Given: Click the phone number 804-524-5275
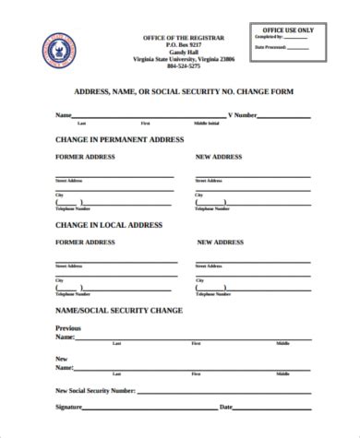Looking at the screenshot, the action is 183,67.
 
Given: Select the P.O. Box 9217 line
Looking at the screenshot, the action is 183,44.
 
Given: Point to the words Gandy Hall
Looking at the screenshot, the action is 183,52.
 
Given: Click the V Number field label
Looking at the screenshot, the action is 242,116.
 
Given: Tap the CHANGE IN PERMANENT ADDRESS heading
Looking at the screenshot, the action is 120,139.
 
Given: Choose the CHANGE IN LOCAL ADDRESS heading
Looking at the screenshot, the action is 108,224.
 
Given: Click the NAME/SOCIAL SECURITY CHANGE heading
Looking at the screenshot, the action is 119,310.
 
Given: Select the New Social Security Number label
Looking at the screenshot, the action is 96,391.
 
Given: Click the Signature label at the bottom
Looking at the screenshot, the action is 70,407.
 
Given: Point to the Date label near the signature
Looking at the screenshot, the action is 225,407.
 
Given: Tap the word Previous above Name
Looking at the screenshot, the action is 68,328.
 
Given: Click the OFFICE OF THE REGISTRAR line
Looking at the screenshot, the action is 183,37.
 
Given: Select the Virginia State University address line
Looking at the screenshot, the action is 183,60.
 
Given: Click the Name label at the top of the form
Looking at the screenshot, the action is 64,116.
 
